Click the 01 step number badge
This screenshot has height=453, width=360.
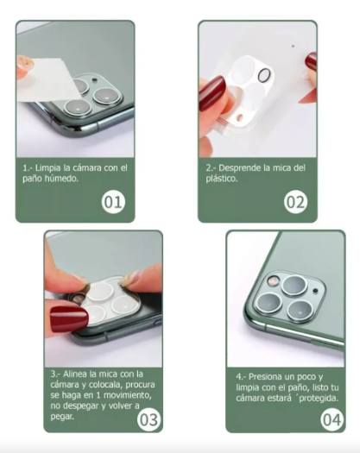pyautogui.click(x=113, y=203)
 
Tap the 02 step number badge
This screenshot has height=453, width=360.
pyautogui.click(x=296, y=203)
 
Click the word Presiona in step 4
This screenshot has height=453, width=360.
pyautogui.click(x=266, y=376)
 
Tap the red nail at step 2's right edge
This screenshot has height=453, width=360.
pyautogui.click(x=311, y=62)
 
